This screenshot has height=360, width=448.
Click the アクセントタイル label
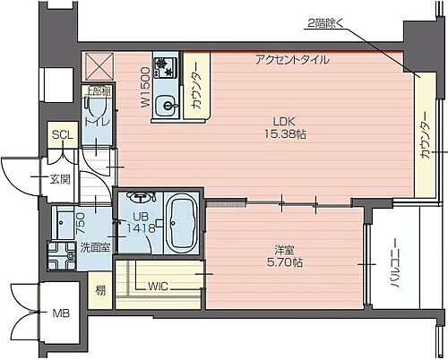pos(291,60)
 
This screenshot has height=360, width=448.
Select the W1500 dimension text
pos(144,87)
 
